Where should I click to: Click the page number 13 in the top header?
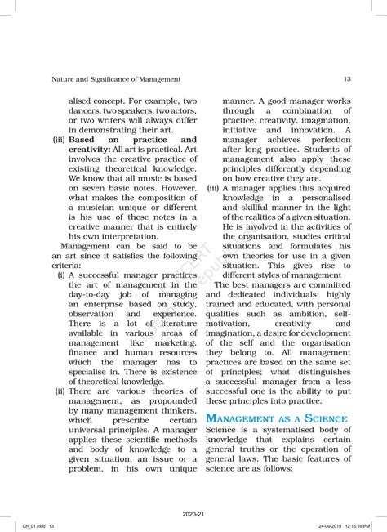(x=347, y=79)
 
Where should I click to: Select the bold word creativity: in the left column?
(x=96, y=151)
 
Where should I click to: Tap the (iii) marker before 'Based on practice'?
(x=59, y=140)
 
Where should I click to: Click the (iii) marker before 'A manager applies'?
(x=213, y=186)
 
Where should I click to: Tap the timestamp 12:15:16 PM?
(x=355, y=526)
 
